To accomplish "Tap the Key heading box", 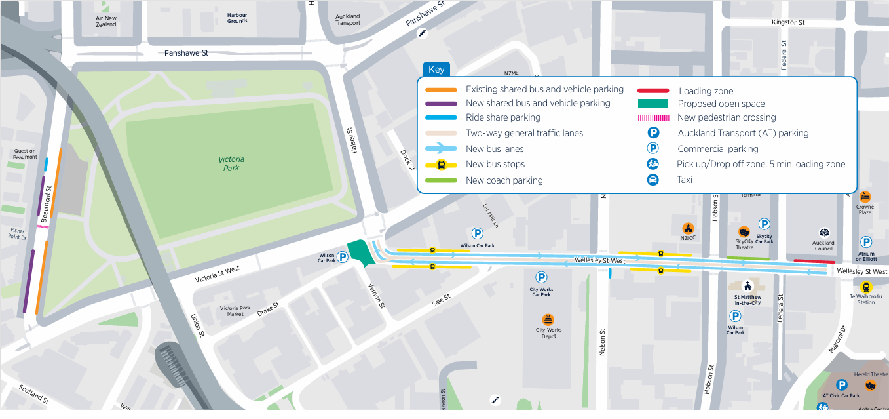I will tap(436, 70).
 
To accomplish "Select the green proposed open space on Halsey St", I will tap(360, 252).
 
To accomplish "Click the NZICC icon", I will tap(688, 228).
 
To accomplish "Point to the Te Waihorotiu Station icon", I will tap(866, 287).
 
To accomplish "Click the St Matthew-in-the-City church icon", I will tap(747, 287).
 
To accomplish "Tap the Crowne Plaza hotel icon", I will tap(865, 196).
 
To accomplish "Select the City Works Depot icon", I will tap(548, 319).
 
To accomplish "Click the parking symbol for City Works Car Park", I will tap(541, 277).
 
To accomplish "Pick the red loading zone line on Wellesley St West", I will tap(814, 261).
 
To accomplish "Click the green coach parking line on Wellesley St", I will tap(748, 258).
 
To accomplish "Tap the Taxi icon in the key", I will tap(653, 180).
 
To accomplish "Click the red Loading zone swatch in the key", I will tap(653, 91).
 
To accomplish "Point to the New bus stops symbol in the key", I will tap(441, 165).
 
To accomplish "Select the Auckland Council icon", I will tap(823, 233).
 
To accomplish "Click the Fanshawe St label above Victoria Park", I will tap(186, 53).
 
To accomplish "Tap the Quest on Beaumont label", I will tap(25, 154).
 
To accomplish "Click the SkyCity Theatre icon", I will tap(744, 232).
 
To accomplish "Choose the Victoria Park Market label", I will tap(235, 311).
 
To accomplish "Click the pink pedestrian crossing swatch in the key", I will tap(653, 118).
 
